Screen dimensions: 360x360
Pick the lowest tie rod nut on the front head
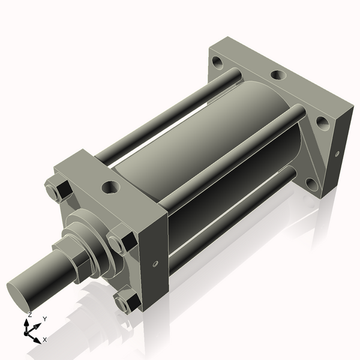pyautogui.click(x=124, y=303)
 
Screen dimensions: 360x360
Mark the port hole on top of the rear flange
pyautogui.click(x=277, y=76)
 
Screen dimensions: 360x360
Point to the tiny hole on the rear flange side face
pyautogui.click(x=337, y=154)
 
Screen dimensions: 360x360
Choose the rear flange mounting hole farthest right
pyautogui.click(x=322, y=124)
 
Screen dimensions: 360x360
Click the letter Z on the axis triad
pyautogui.click(x=30, y=314)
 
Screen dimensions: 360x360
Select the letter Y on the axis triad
pyautogui.click(x=44, y=319)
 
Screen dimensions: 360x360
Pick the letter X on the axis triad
pyautogui.click(x=45, y=340)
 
